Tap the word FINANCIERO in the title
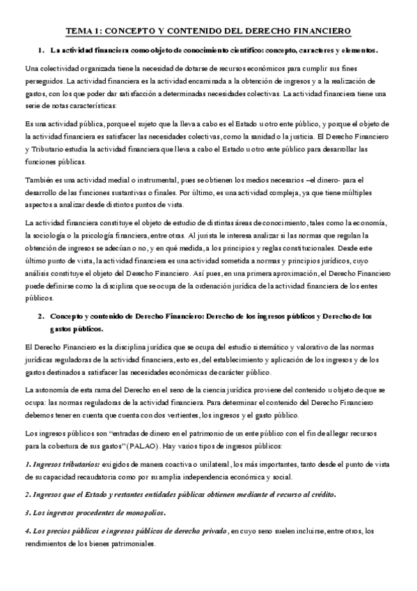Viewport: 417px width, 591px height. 321,31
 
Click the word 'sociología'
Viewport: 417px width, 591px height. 51,234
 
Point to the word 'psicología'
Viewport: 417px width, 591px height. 97,234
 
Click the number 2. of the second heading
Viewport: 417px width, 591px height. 41,316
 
